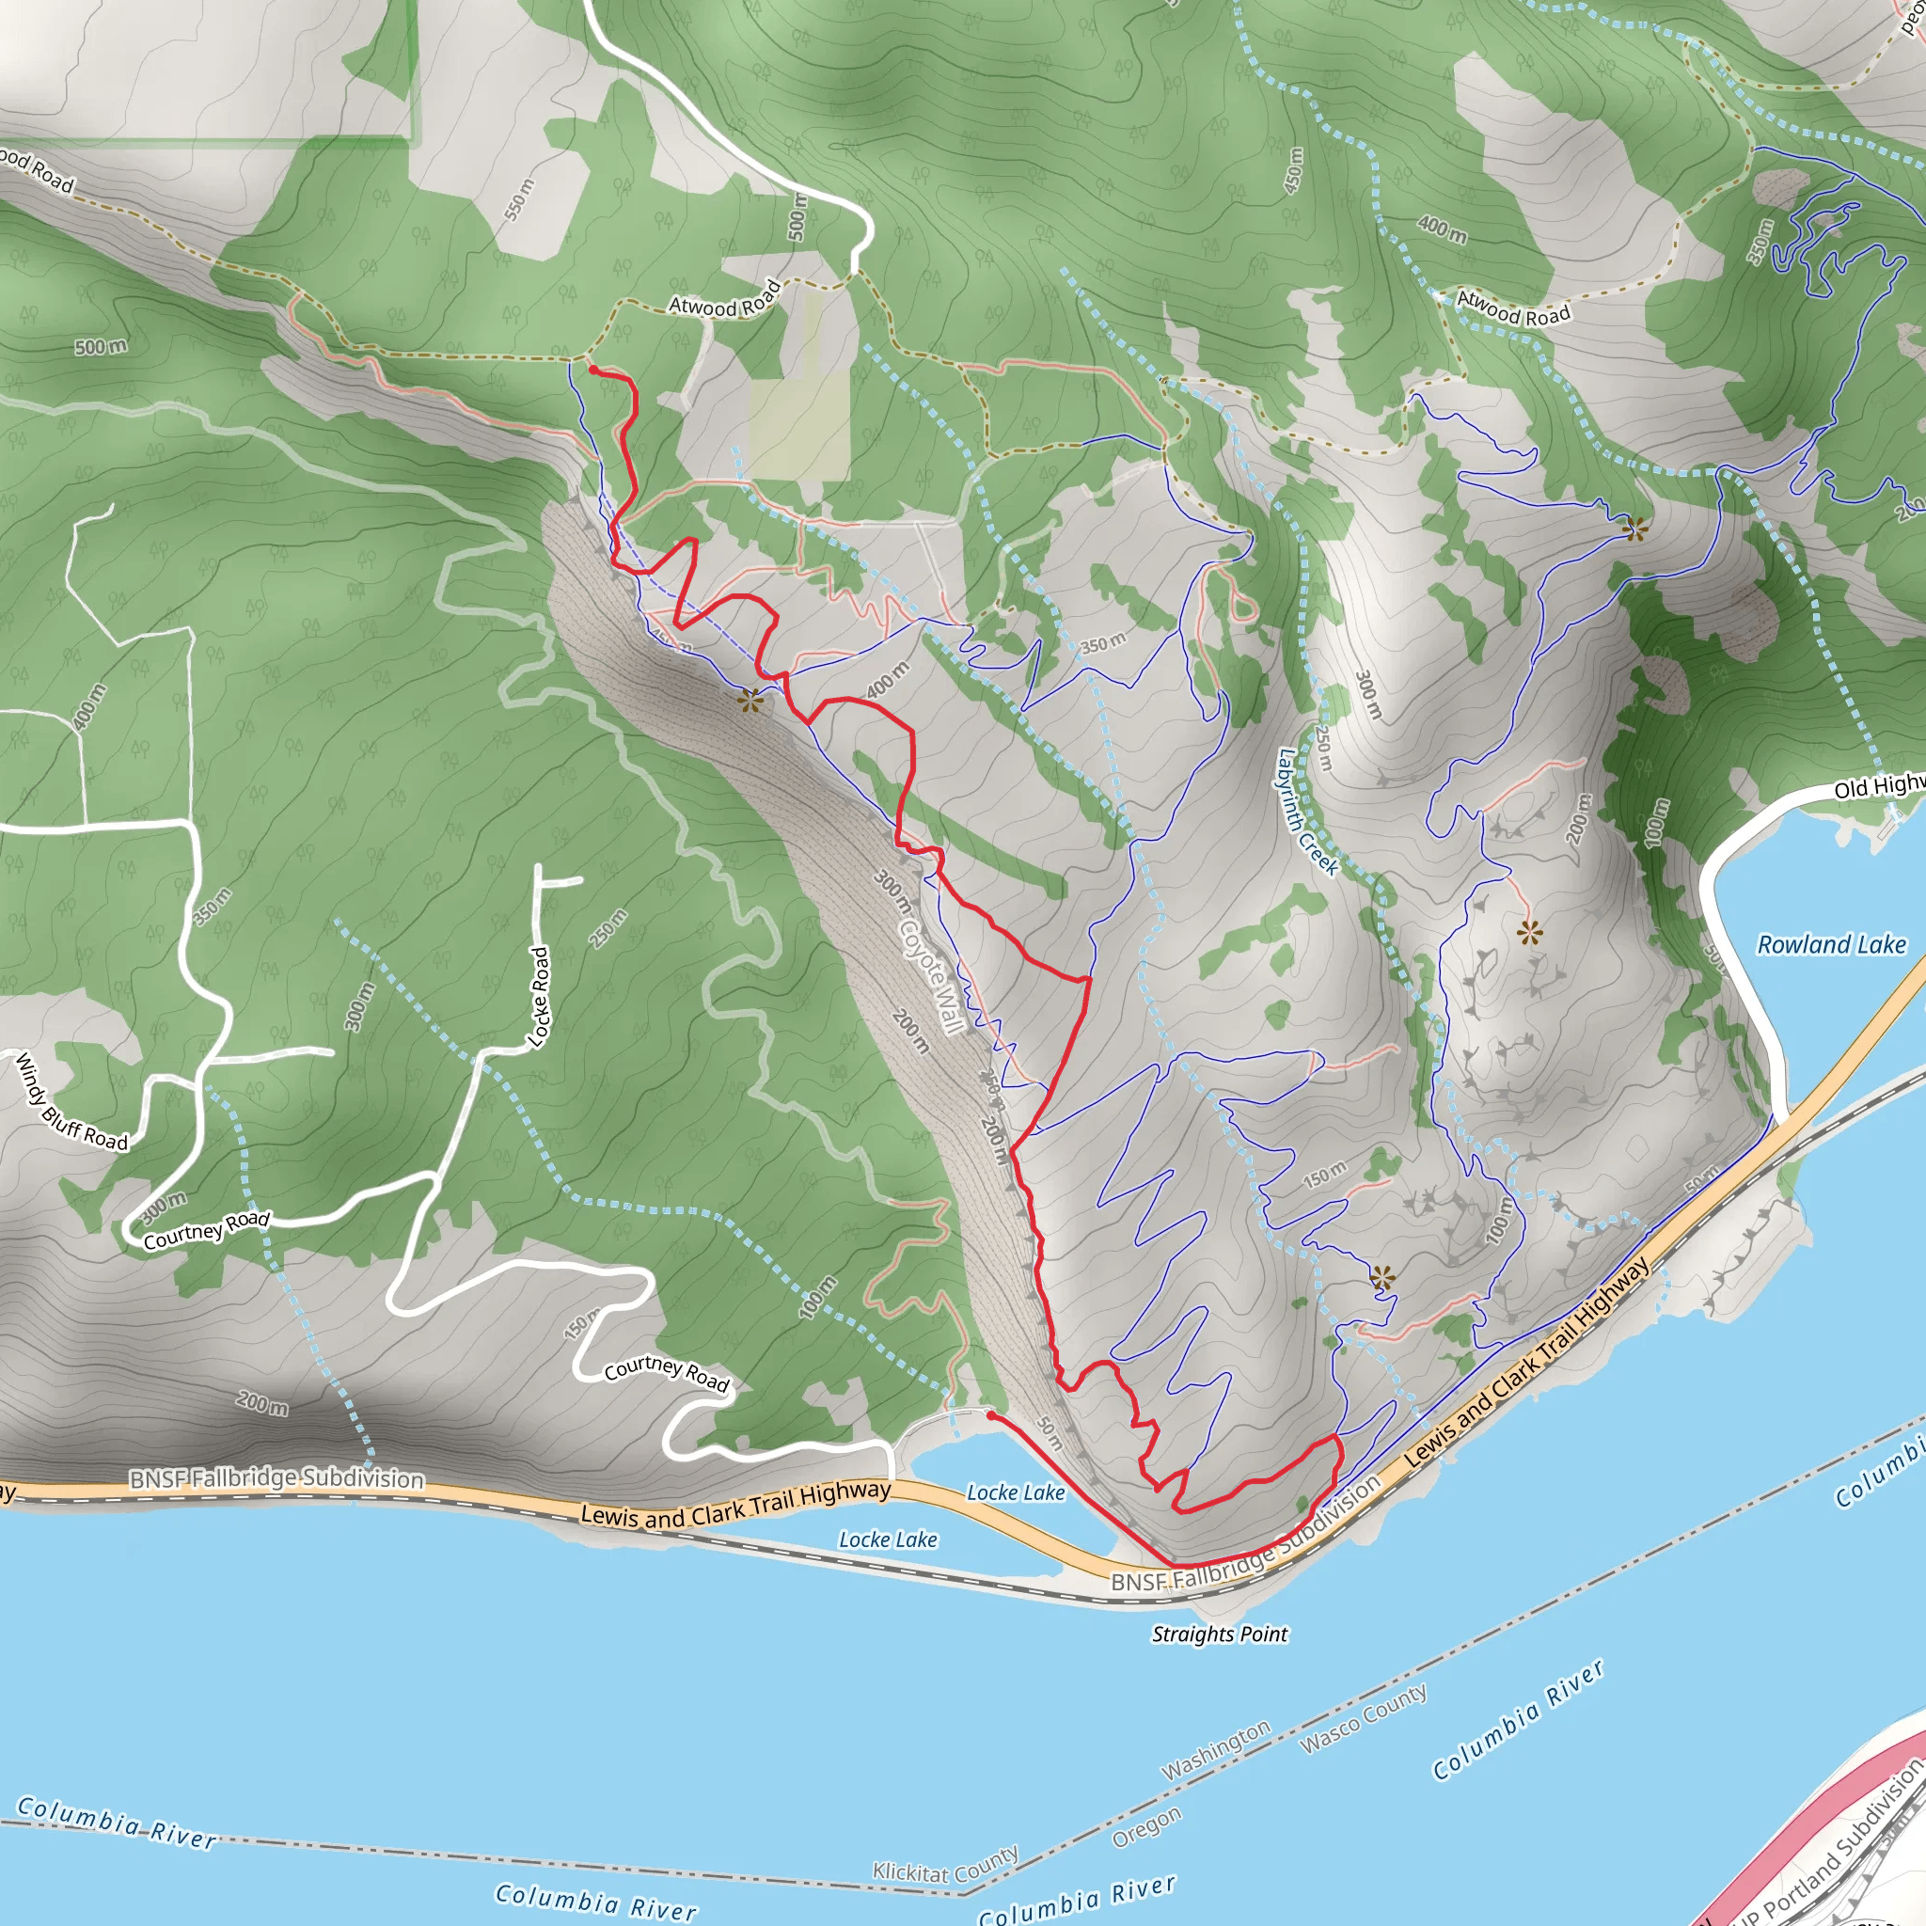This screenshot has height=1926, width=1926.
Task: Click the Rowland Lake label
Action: point(1830,944)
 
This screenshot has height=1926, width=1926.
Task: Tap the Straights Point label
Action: point(1219,1634)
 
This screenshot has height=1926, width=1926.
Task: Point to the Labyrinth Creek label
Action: point(1307,812)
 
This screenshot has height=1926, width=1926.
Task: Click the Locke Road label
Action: point(538,997)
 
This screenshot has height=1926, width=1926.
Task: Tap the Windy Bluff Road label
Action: point(71,1102)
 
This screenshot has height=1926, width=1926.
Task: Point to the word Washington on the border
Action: point(1216,1749)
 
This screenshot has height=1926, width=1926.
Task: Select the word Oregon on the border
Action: point(1146,1826)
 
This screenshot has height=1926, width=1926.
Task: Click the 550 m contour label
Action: point(519,198)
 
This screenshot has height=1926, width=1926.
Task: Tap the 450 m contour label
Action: point(1293,169)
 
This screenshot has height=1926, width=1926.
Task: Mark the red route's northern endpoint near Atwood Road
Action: point(594,370)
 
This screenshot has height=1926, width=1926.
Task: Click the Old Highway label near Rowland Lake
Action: point(1878,786)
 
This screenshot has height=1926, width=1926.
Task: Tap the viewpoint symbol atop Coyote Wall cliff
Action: point(750,701)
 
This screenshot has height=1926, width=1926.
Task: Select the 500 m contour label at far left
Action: point(101,347)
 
